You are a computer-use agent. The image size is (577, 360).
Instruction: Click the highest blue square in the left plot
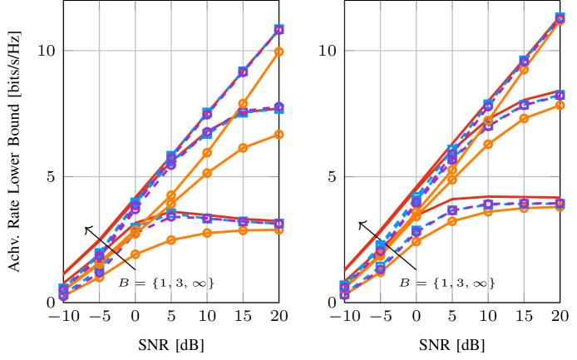279,30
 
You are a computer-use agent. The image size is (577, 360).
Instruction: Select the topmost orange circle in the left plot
279,52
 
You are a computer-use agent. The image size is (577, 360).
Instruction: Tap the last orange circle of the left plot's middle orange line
279,134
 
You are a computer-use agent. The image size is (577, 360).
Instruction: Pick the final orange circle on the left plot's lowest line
279,229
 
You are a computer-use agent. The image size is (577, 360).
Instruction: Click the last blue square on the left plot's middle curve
279,108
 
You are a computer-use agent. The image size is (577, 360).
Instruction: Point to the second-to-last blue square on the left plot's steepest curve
243,72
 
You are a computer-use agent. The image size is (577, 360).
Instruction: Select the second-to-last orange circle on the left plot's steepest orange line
243,104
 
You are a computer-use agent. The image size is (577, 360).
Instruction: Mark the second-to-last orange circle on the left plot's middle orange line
243,148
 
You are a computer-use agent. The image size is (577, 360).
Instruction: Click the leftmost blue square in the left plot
63,289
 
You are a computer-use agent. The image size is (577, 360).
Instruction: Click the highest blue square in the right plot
560,18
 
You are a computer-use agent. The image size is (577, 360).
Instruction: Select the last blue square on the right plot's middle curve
560,95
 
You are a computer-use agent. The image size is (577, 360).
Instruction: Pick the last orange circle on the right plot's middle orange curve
560,105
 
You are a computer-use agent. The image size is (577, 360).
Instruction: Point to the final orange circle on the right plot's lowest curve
560,206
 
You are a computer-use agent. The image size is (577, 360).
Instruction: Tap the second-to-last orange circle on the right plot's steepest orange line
524,69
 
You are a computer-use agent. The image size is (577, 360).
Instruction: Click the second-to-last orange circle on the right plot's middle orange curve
524,118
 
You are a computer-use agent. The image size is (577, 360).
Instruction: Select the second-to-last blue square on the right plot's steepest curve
524,61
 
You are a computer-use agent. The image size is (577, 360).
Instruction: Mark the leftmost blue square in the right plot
345,287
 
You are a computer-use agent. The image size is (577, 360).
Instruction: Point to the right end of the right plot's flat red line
560,198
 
